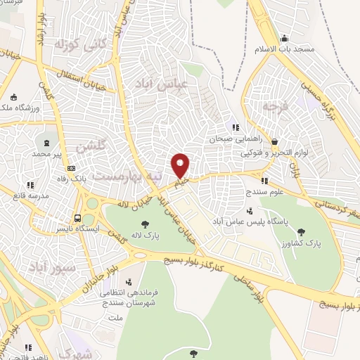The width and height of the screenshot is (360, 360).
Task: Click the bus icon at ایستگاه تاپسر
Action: [x=78, y=217]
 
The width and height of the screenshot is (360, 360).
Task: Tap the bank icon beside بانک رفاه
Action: [x=71, y=168]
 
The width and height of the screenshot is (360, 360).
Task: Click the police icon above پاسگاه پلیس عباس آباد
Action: [x=250, y=210]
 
